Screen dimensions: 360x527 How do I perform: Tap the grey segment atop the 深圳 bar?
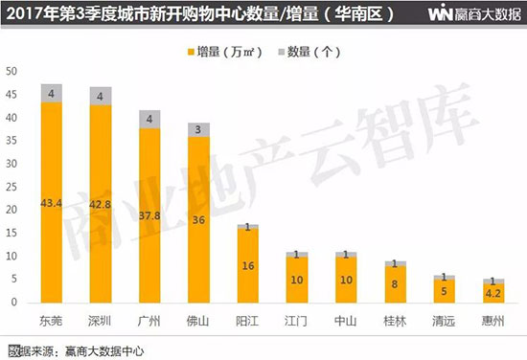[x=101, y=95]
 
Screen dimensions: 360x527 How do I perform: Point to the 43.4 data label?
[x=52, y=203]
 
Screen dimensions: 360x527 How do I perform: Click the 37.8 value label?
[x=149, y=215]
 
